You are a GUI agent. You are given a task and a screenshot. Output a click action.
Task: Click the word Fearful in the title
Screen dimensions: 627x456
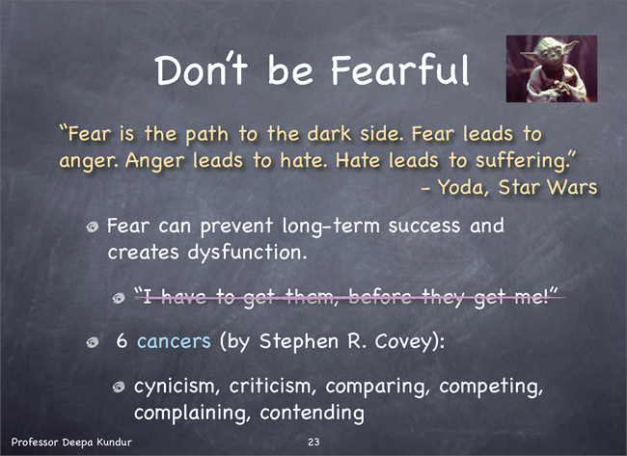point(399,69)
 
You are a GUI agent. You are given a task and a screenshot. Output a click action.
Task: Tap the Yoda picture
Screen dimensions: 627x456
point(552,68)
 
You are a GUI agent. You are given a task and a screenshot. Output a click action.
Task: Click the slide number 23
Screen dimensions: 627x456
point(313,442)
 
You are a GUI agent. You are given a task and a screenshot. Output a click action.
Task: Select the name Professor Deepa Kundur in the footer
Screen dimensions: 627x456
point(71,442)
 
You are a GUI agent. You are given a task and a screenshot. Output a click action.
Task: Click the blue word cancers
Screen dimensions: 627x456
point(174,341)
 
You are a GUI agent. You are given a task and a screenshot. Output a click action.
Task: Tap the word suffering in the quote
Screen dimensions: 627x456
point(521,161)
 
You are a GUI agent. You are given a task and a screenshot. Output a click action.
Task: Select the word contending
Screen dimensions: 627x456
point(312,413)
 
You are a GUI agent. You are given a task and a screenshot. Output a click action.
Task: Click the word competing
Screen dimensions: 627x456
point(491,387)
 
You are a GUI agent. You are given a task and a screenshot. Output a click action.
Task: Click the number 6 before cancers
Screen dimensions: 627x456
point(122,341)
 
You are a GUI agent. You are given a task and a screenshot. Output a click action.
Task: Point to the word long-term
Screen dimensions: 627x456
point(331,227)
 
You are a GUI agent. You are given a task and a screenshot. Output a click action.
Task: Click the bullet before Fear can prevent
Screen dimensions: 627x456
point(93,227)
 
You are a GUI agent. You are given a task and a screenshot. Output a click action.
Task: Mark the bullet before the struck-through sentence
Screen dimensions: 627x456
point(119,298)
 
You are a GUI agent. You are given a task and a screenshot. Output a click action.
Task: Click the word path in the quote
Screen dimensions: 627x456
point(207,135)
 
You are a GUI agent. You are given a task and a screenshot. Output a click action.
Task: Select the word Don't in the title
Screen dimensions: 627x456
point(202,69)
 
